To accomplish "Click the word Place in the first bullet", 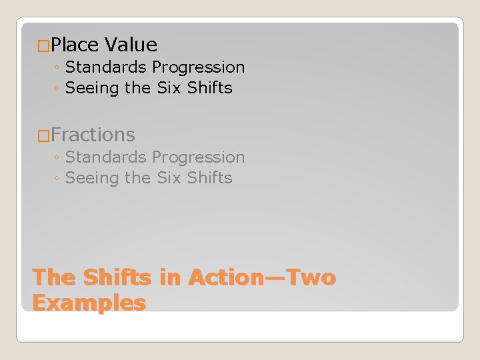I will click(74, 45).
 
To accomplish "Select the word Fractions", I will click(93, 135).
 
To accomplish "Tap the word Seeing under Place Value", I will click(93, 88).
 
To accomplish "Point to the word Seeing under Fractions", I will click(93, 178).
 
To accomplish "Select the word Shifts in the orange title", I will click(116, 277).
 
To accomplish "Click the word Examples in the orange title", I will click(89, 302).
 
